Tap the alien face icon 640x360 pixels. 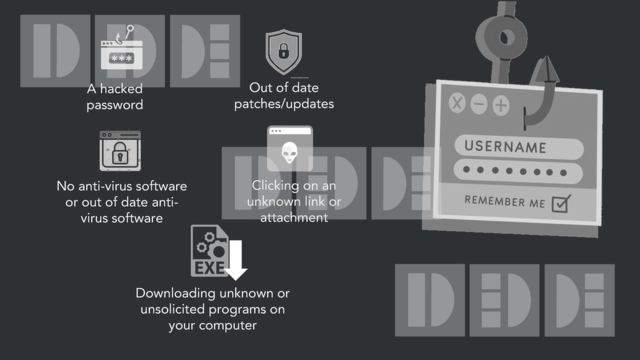[x=289, y=151]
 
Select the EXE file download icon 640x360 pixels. [x=216, y=252]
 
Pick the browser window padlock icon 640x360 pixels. [x=120, y=151]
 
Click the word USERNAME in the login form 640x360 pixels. [x=505, y=147]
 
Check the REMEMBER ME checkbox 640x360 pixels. [x=561, y=203]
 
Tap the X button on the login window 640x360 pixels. [x=457, y=103]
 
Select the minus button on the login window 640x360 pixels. [x=479, y=104]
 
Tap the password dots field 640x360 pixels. [x=518, y=171]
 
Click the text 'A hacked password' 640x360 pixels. [x=114, y=97]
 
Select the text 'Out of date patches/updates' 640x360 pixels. [x=284, y=96]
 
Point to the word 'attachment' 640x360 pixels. [x=294, y=218]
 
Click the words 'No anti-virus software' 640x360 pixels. [x=122, y=186]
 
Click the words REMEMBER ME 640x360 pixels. [x=504, y=201]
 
